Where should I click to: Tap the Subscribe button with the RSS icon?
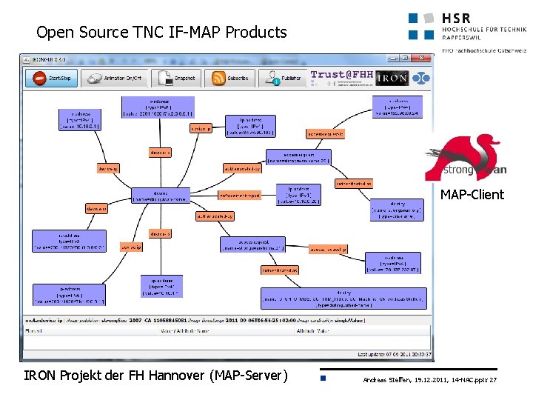point(229,77)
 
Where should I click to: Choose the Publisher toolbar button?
point(283,77)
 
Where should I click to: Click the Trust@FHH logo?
point(342,75)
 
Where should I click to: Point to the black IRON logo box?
point(392,78)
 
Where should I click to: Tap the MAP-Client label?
point(472,195)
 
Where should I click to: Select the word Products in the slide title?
point(255,33)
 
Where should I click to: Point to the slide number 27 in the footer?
point(493,380)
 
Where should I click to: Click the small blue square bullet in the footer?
point(324,379)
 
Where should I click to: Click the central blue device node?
point(161,196)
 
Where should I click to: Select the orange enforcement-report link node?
point(239,196)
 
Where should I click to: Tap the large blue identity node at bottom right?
point(343,299)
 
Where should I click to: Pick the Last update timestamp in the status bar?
point(394,355)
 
